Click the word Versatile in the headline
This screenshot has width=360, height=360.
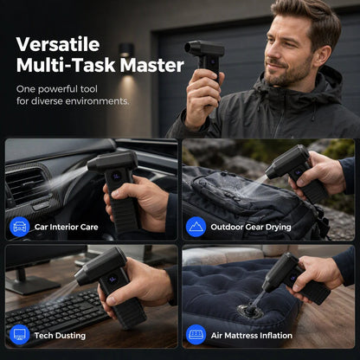(x=58, y=44)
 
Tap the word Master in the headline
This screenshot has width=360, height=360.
(x=151, y=65)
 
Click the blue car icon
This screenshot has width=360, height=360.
(x=20, y=227)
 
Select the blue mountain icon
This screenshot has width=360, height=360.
(x=196, y=227)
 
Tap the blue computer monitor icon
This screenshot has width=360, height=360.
(x=20, y=335)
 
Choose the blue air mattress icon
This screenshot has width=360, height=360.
(x=196, y=335)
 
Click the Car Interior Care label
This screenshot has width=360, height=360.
(x=67, y=227)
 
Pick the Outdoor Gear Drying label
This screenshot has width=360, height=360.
(x=251, y=228)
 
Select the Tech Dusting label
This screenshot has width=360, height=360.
(x=60, y=336)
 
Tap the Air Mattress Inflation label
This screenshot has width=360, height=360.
(x=251, y=336)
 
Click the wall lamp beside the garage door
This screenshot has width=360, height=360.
(x=126, y=50)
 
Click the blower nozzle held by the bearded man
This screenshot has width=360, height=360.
(x=190, y=47)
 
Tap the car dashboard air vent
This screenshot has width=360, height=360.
(x=24, y=184)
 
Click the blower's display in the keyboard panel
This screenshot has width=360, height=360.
(x=112, y=280)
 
